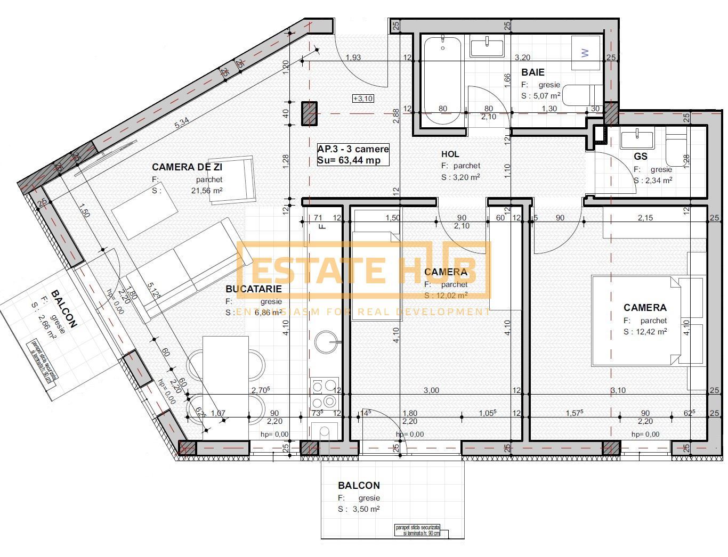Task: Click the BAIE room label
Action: (x=533, y=72)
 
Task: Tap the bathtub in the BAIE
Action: (x=442, y=80)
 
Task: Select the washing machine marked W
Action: (x=586, y=53)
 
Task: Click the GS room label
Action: (x=641, y=156)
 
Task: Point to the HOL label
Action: (x=450, y=154)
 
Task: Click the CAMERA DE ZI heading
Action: (x=187, y=167)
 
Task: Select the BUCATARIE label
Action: (x=254, y=289)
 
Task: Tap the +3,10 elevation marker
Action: (x=363, y=99)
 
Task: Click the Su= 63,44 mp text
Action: (x=349, y=160)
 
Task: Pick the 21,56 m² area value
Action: (x=207, y=190)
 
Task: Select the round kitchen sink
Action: (x=326, y=342)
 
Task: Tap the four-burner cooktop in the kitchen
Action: (x=325, y=393)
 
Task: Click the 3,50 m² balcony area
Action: (x=366, y=509)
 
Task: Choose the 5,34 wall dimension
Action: (x=182, y=122)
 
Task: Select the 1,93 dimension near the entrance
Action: (x=353, y=58)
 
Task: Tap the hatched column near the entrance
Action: (x=309, y=113)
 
